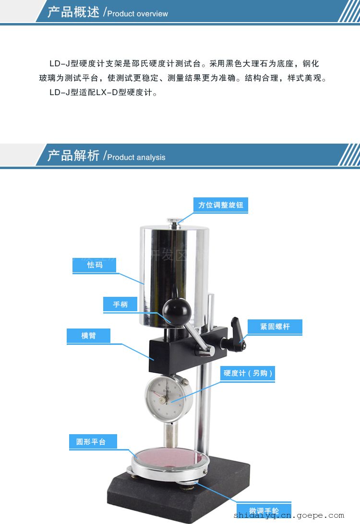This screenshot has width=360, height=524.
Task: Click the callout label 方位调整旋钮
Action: pyautogui.click(x=221, y=205)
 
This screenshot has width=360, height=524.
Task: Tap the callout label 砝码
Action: pyautogui.click(x=95, y=265)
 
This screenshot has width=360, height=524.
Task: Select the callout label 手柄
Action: pyautogui.click(x=120, y=305)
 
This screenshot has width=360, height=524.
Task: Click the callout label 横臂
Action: pyautogui.click(x=88, y=336)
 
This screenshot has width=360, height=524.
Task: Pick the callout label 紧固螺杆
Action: pyautogui.click(x=275, y=327)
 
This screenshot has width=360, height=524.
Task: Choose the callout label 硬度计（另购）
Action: pyautogui.click(x=248, y=373)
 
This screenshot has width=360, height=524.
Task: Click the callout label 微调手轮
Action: pyautogui.click(x=264, y=511)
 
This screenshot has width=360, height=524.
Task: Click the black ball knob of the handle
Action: pyautogui.click(x=177, y=311)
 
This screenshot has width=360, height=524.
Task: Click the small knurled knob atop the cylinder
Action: pyautogui.click(x=174, y=222)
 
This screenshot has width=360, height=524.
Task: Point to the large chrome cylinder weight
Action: pyautogui.click(x=174, y=276)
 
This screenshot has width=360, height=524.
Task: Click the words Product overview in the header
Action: pyautogui.click(x=138, y=14)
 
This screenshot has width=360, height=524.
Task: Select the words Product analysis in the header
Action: pyautogui.click(x=136, y=158)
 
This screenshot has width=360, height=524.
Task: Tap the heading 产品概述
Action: pyautogui.click(x=73, y=12)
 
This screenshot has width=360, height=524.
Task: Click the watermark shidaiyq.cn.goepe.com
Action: pyautogui.click(x=288, y=516)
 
